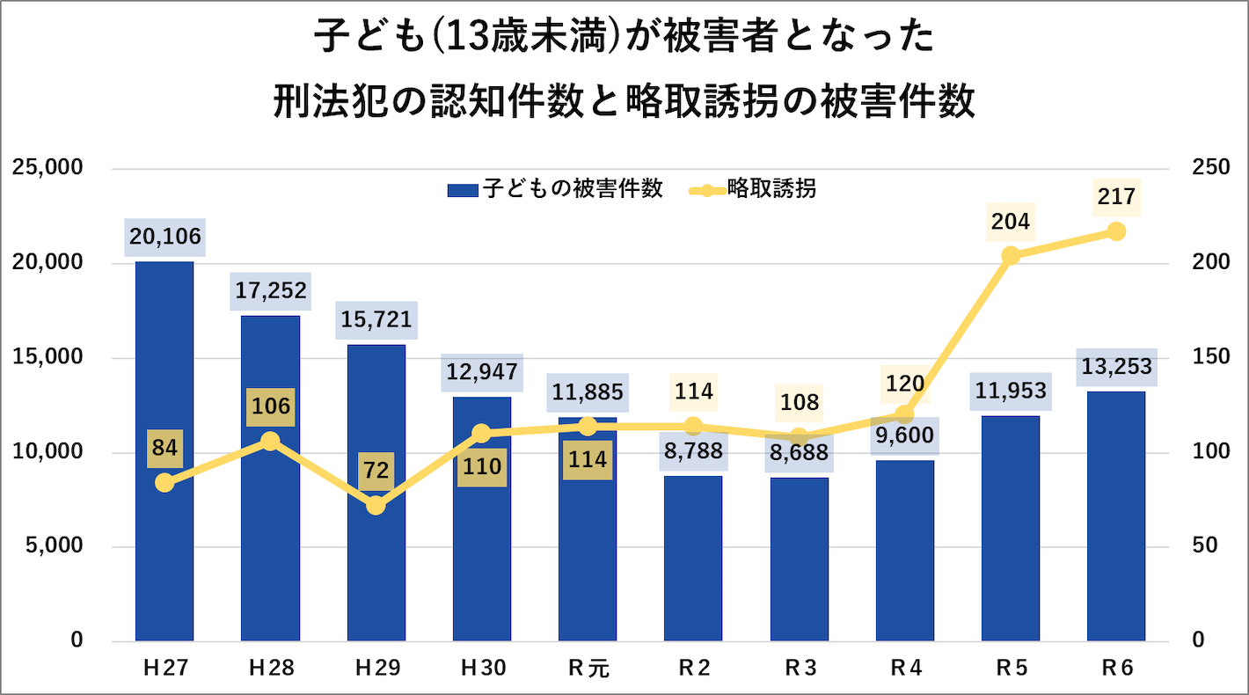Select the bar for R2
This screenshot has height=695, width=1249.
tap(693, 563)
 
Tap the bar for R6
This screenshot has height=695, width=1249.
tap(1115, 519)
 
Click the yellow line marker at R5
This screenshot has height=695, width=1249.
tap(1011, 256)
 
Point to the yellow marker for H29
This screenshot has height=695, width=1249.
tap(376, 506)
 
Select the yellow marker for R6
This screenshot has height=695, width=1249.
tap(1116, 231)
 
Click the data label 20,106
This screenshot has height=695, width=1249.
tap(164, 237)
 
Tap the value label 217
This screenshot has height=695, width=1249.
tap(1116, 196)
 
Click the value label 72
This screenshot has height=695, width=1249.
tap(376, 471)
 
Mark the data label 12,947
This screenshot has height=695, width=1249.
tap(482, 373)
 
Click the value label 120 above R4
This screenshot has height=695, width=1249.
tap(905, 383)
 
